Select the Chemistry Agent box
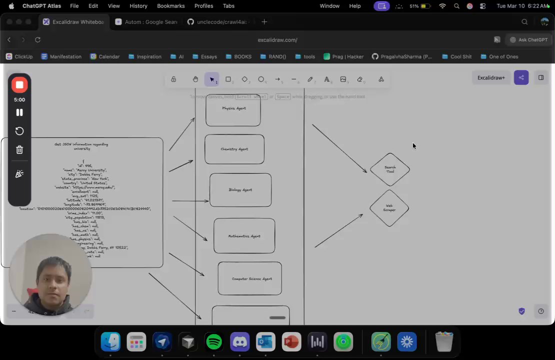click(234, 149)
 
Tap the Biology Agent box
click(240, 190)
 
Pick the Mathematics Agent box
click(244, 236)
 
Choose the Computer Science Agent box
click(249, 278)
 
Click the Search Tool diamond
click(390, 169)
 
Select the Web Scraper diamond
click(389, 207)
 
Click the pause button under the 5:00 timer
click(19, 112)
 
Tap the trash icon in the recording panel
click(19, 149)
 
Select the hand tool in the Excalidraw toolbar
click(195, 79)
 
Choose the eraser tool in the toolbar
click(359, 79)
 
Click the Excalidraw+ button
click(491, 78)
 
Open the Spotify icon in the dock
click(214, 342)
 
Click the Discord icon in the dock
click(240, 342)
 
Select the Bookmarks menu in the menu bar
click(170, 6)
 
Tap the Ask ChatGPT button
click(528, 40)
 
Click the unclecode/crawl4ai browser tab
click(217, 22)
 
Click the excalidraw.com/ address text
click(277, 40)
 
